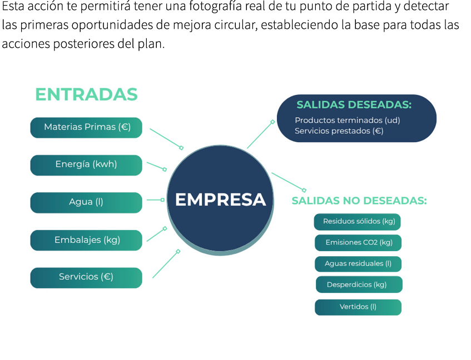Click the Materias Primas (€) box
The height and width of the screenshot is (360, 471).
(x=86, y=127)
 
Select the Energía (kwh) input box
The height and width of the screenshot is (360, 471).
(x=86, y=164)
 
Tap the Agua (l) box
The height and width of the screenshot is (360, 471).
(x=86, y=202)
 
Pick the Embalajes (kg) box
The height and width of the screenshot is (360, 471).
(x=86, y=240)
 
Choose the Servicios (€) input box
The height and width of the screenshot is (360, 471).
(x=86, y=277)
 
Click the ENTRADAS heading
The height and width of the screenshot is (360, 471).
(x=86, y=95)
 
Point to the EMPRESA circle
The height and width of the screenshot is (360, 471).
(x=221, y=200)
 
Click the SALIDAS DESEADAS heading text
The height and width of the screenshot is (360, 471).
(x=354, y=105)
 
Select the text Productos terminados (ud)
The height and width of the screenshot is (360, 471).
(x=347, y=120)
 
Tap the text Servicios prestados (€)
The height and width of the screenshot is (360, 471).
(x=339, y=131)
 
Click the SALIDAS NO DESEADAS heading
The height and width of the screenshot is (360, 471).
(x=359, y=201)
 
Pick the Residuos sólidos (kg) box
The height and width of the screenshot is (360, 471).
(x=358, y=222)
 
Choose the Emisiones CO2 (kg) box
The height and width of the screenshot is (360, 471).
(x=358, y=243)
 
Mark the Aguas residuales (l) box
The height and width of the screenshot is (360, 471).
(x=358, y=264)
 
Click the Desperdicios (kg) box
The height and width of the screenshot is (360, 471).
(x=358, y=285)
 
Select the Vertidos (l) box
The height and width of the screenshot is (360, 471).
(x=358, y=307)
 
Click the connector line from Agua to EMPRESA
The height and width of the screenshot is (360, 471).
(x=154, y=199)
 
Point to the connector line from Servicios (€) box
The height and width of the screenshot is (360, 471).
(x=165, y=264)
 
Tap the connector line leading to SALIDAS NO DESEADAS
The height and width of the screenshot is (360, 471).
(x=287, y=182)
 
